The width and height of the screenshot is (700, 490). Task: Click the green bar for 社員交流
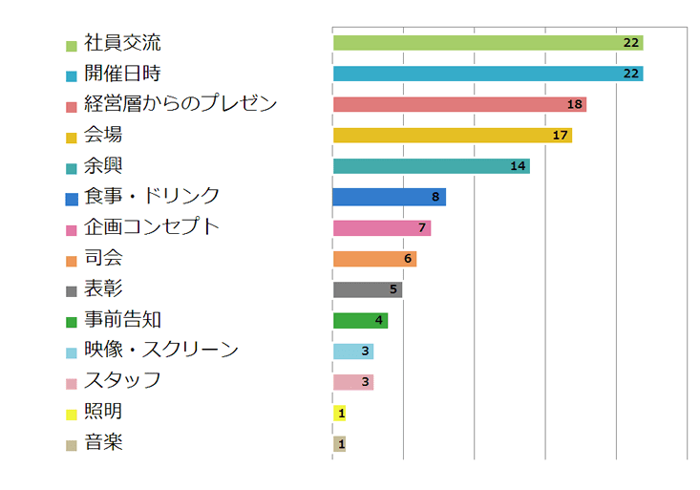click(487, 43)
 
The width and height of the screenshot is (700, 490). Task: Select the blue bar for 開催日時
click(487, 74)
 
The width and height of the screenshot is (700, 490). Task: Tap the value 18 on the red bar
click(575, 104)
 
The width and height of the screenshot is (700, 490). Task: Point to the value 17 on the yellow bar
click(561, 136)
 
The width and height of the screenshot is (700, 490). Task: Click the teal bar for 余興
click(431, 166)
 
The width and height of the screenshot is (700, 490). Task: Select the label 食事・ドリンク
click(152, 196)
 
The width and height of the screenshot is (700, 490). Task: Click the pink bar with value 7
click(381, 228)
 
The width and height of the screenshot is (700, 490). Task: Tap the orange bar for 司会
click(374, 259)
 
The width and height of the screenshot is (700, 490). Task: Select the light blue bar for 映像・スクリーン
click(352, 352)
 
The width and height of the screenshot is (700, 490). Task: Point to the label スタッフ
click(122, 380)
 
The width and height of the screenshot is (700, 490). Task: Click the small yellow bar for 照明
click(339, 413)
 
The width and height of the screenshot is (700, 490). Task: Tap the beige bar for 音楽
click(339, 444)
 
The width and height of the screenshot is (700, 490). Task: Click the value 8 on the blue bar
click(435, 197)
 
